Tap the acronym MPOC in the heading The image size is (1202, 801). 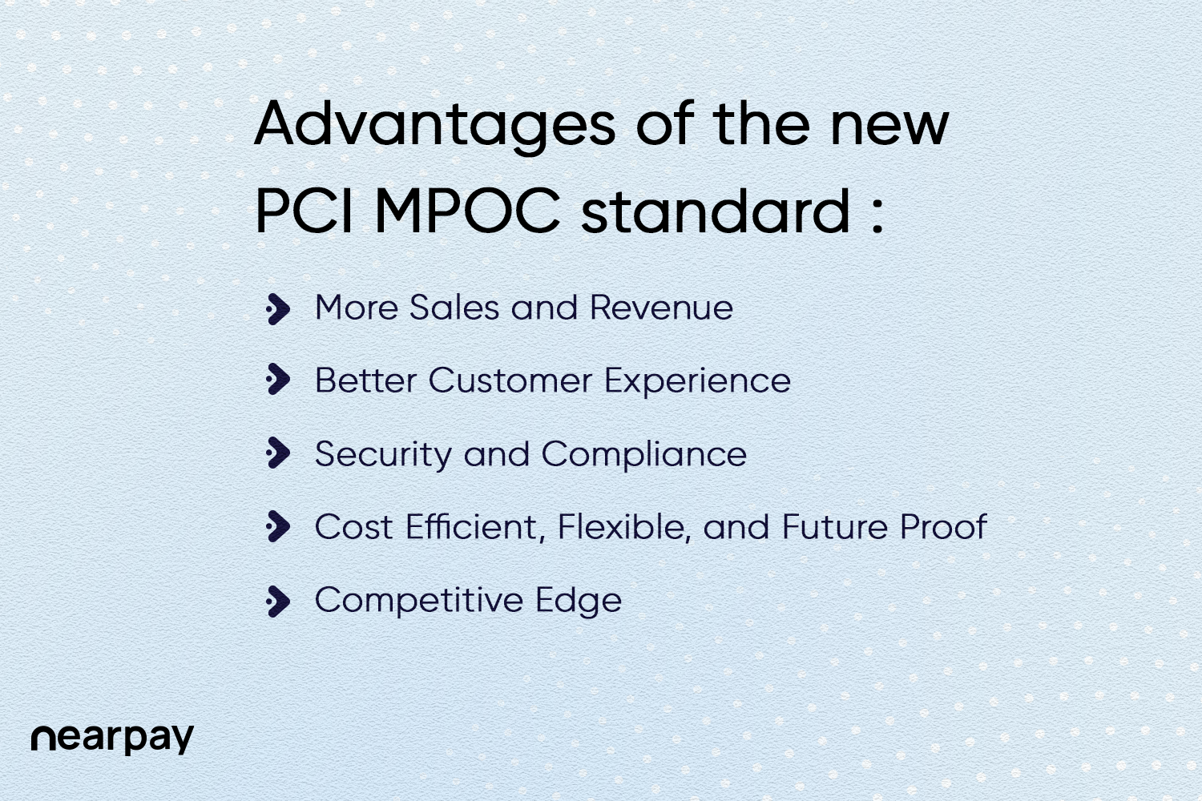(467, 211)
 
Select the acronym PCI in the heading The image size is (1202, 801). (305, 211)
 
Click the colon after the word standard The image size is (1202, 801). (877, 214)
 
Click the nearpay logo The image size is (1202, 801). (112, 738)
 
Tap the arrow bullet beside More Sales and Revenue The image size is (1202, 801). (277, 308)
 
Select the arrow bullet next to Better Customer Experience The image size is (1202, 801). (277, 380)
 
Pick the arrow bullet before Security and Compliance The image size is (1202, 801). (277, 453)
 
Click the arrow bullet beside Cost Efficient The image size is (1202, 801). (277, 527)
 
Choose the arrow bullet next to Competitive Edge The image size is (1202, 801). (277, 601)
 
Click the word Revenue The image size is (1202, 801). (661, 308)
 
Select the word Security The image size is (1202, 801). (383, 455)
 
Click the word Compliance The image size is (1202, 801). (644, 455)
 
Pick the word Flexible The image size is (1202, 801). (623, 528)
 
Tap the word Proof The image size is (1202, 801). (942, 528)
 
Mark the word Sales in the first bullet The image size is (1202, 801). (454, 308)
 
